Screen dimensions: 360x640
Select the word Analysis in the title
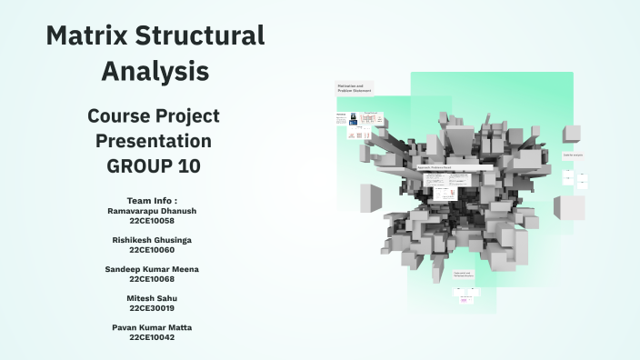155,70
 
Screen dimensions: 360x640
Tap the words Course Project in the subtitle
154,116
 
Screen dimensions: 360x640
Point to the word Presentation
154,142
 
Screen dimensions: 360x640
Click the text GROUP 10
154,166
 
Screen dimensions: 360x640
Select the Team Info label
152,200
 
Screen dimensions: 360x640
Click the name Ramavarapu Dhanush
152,210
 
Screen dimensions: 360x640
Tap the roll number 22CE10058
152,220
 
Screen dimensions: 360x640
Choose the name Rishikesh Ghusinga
152,240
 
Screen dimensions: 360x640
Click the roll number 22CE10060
152,249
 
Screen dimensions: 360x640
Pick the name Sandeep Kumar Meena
152,269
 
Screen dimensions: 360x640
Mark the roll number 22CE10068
152,278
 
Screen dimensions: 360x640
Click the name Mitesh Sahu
152,298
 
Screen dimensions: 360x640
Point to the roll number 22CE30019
152,307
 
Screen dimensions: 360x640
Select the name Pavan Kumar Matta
152,327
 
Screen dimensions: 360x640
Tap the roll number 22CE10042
152,336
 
